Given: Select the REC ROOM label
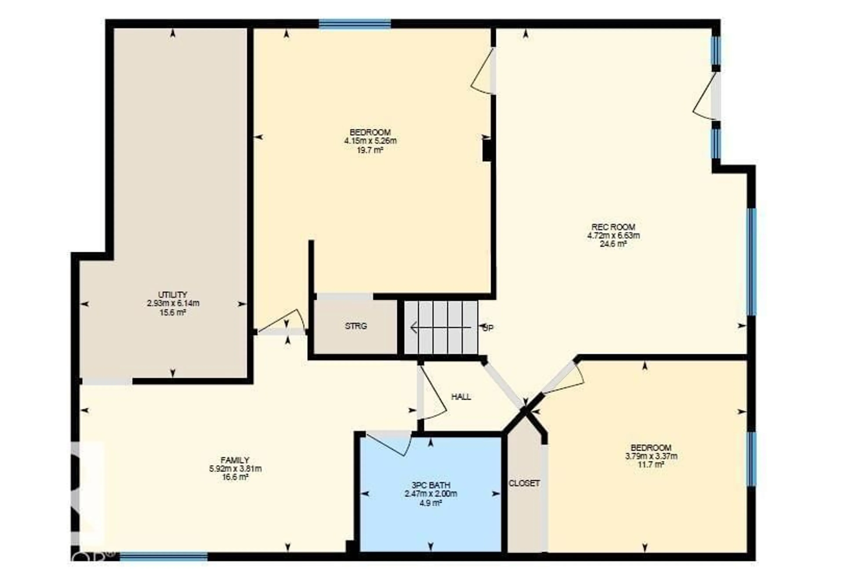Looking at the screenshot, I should (x=613, y=227).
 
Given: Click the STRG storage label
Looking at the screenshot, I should (x=356, y=326).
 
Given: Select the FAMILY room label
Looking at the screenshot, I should (x=235, y=460).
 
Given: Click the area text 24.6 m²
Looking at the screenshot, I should (x=613, y=244).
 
